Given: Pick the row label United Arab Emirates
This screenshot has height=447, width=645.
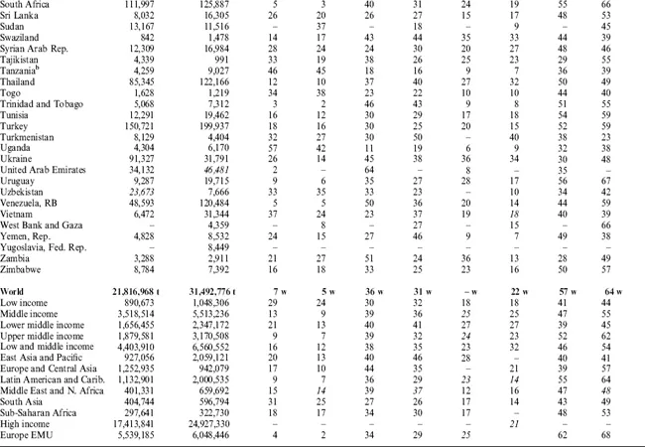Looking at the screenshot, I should tap(46, 170).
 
